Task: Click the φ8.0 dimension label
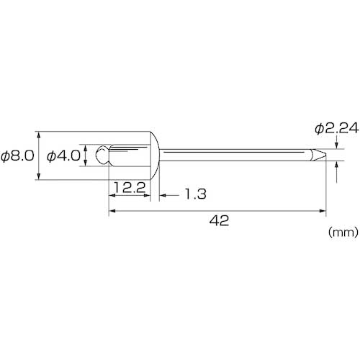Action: coord(17,156)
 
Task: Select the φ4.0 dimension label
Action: coord(63,156)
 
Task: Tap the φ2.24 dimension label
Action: coord(337,129)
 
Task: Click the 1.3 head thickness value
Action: coord(196,194)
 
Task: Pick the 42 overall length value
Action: coord(219,220)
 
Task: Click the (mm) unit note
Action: coord(343,232)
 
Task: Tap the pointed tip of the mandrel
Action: coord(326,155)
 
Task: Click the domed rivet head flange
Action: coord(155,156)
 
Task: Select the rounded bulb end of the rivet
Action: coord(102,155)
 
